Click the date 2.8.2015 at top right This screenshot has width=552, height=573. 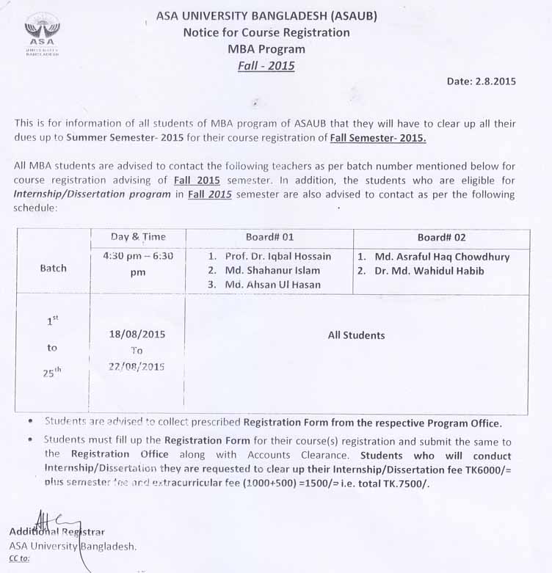tap(481, 81)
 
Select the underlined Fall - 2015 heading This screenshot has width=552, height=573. tap(266, 66)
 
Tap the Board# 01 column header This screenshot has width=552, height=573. tap(269, 237)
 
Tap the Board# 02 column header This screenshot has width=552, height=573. tap(441, 237)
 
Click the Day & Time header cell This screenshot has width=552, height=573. tap(138, 236)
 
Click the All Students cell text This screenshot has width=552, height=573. tap(356, 335)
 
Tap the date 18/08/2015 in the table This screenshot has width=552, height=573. tap(137, 335)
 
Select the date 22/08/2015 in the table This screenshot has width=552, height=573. tap(137, 365)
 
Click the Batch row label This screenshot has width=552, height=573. tap(53, 269)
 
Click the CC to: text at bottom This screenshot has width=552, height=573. tap(20, 558)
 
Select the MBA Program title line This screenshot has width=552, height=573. tap(266, 49)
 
